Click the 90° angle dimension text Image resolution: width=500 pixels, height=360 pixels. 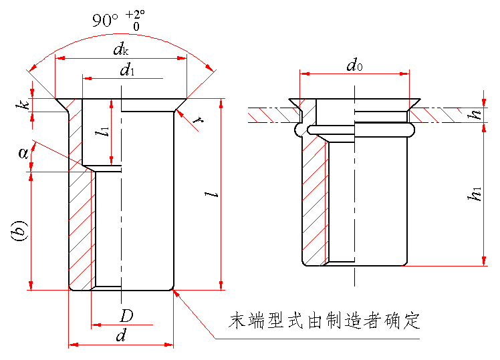click(x=106, y=20)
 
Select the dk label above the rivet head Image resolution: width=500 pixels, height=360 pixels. click(x=120, y=49)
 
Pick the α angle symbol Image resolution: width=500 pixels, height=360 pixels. click(x=25, y=153)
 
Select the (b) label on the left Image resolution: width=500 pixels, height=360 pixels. click(x=19, y=232)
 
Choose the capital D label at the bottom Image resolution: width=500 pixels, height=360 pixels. click(x=127, y=315)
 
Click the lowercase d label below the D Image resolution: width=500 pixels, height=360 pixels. click(x=121, y=336)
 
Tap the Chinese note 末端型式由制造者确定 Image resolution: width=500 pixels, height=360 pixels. click(x=324, y=321)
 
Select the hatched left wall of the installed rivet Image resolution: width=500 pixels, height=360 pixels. click(x=314, y=200)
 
